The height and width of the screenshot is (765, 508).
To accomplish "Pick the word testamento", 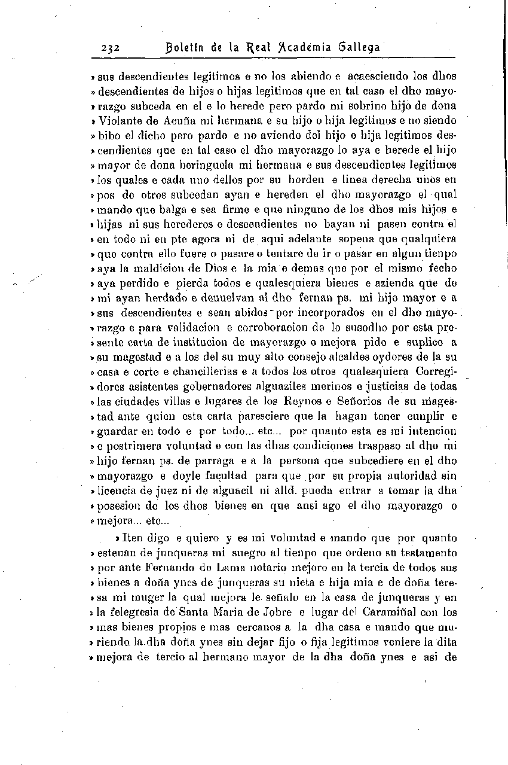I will tap(427, 553).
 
